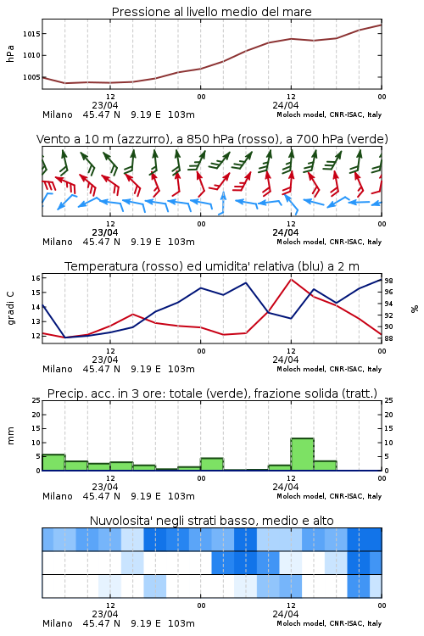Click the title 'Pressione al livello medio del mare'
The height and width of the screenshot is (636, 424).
(211, 12)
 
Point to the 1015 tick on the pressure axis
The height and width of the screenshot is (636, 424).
(31, 34)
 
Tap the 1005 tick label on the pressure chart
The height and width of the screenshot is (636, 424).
(31, 77)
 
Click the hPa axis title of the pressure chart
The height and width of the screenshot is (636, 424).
(10, 53)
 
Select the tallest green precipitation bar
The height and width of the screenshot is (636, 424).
(302, 455)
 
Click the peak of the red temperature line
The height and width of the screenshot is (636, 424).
(291, 279)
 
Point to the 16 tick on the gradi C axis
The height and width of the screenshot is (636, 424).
(36, 278)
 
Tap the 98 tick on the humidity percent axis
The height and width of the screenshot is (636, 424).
(388, 281)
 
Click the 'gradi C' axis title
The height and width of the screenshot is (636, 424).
(10, 309)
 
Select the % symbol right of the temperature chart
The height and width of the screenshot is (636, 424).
(415, 309)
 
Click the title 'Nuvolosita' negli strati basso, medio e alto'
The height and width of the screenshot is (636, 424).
(211, 521)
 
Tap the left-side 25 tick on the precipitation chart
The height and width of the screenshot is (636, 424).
(36, 400)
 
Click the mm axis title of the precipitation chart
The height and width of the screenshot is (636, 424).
(10, 436)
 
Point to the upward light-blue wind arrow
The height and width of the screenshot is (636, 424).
(222, 203)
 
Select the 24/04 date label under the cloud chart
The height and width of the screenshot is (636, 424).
(286, 614)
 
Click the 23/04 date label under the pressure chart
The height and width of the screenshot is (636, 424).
(105, 105)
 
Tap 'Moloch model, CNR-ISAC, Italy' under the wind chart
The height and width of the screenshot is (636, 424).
(329, 242)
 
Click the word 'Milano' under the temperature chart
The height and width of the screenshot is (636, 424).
(58, 369)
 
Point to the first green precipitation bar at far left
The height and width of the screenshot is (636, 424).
(53, 462)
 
